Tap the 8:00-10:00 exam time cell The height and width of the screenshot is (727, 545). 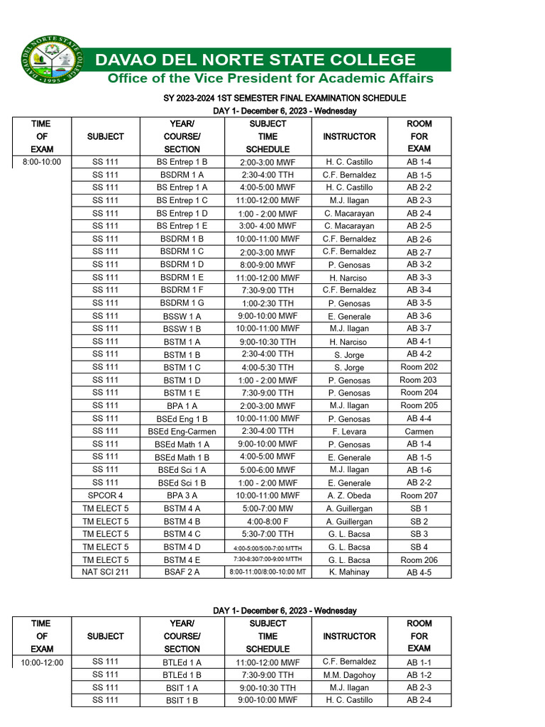[x=42, y=162]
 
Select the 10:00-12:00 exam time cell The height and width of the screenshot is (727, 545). [x=42, y=662]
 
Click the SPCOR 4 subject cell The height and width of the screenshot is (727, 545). [x=105, y=496]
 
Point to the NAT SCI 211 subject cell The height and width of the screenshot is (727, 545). [x=105, y=572]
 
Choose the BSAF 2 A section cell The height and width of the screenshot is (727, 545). [x=182, y=572]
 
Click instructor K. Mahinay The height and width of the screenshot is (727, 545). [x=348, y=572]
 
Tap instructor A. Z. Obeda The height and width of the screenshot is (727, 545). [x=348, y=496]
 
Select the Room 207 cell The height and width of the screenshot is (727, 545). [x=419, y=496]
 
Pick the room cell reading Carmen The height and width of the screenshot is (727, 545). [x=419, y=432]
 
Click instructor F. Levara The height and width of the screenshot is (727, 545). [x=348, y=432]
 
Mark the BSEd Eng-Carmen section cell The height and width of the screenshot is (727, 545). [x=182, y=432]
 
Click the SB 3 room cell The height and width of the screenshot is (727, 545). [x=419, y=534]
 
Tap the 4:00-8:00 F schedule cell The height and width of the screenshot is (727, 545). [x=268, y=521]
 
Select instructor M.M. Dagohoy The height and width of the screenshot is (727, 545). [x=348, y=675]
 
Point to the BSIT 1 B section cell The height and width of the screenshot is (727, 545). [x=182, y=701]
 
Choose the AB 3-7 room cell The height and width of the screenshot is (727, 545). [x=419, y=329]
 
